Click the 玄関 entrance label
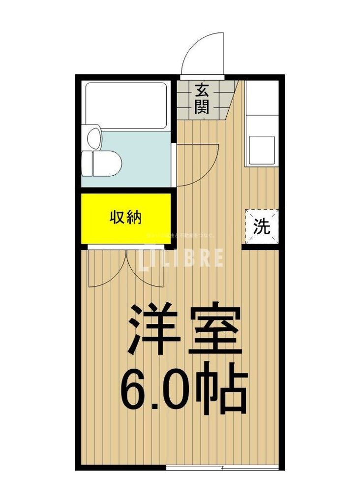tap(202, 98)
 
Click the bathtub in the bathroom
tap(126, 105)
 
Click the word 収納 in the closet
tap(125, 218)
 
